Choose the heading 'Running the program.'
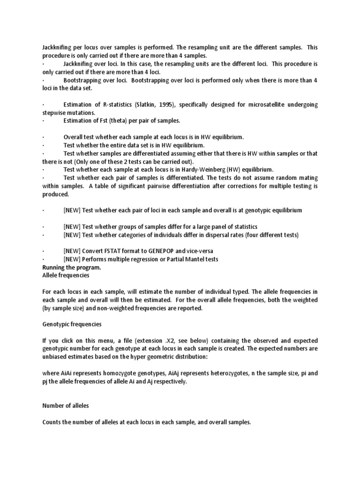(x=71, y=267)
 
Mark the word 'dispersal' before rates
(x=218, y=234)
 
